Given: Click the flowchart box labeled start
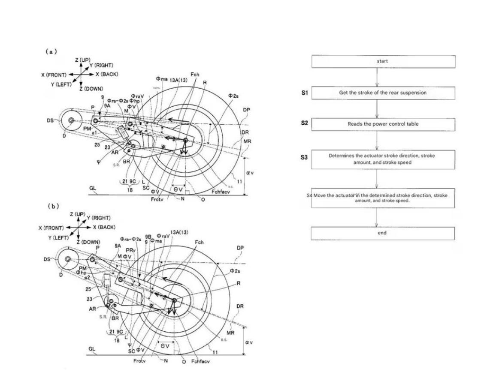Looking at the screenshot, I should point(382,61).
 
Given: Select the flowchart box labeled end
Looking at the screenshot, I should point(382,233).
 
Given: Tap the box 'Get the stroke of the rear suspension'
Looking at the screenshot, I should point(382,93).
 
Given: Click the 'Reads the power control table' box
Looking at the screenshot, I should point(382,124).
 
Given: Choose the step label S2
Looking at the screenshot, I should point(304,123).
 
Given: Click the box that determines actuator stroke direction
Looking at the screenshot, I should point(382,159).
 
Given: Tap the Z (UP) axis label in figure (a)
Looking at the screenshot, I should point(82,60).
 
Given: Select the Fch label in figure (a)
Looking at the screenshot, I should point(195,75).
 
